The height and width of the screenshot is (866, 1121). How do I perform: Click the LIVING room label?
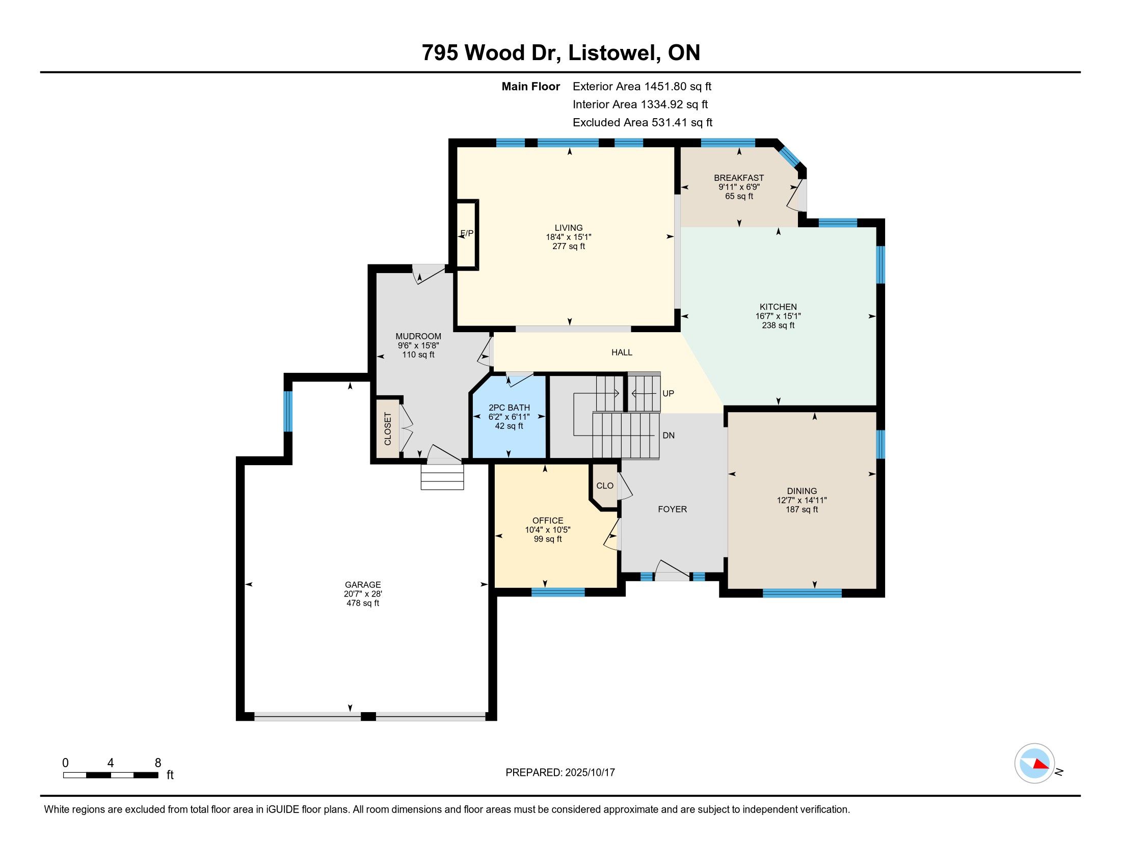[x=568, y=228]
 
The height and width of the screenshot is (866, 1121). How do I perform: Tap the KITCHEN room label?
[x=778, y=307]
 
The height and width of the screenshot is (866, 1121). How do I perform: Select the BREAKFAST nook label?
[x=739, y=178]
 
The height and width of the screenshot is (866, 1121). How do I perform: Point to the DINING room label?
[x=802, y=491]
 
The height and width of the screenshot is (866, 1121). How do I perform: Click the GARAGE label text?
[x=363, y=584]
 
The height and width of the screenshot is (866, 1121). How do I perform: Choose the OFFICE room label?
[x=548, y=520]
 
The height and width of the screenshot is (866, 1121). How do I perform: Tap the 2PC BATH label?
[x=509, y=408]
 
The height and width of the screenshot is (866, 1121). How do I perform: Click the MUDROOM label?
[x=418, y=337]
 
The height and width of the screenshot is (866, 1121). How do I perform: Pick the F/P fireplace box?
[x=467, y=234]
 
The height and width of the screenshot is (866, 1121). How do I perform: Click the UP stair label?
[x=668, y=393]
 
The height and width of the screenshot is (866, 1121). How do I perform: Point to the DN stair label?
[x=669, y=436]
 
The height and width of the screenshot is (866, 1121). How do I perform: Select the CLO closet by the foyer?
[x=605, y=486]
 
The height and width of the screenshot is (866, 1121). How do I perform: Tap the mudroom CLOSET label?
[x=388, y=428]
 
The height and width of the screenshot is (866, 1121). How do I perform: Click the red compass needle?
[x=1040, y=764]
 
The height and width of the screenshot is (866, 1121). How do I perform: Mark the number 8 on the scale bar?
[x=158, y=763]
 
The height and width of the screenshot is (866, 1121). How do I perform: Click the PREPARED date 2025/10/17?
[x=589, y=772]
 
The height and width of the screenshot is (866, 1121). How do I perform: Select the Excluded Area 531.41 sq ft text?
[x=643, y=123]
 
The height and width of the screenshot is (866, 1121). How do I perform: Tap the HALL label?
[x=622, y=353]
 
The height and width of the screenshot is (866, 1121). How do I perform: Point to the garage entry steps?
[x=442, y=477]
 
